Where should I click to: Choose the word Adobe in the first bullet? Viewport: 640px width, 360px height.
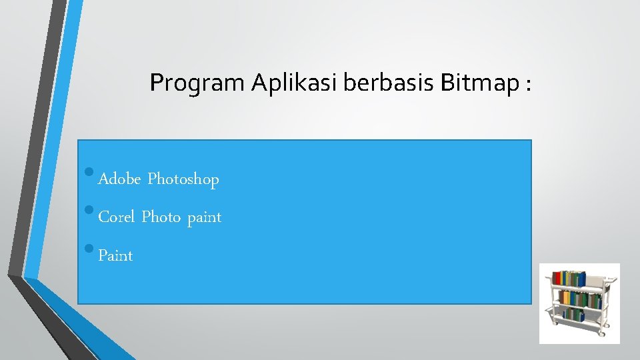(x=119, y=179)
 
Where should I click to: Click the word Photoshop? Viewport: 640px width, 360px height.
(x=183, y=179)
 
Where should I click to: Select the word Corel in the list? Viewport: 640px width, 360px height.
(x=117, y=217)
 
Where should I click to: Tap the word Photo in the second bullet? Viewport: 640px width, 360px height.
(x=161, y=217)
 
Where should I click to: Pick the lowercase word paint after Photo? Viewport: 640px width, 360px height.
(x=204, y=218)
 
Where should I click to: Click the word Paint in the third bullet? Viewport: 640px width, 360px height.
(x=115, y=256)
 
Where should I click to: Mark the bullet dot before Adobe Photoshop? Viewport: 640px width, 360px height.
(x=90, y=175)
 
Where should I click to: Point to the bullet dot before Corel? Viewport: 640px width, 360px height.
(x=90, y=213)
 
